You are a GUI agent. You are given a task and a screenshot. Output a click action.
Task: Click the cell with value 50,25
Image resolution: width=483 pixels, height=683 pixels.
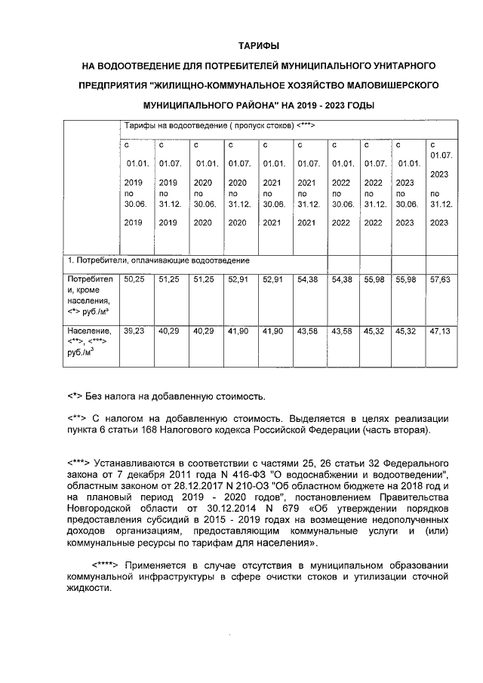click(x=134, y=279)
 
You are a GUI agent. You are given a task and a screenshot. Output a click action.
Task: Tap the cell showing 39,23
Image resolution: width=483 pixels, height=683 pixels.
click(x=134, y=331)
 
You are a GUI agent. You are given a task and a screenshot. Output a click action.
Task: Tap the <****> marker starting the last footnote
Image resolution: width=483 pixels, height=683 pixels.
click(x=106, y=565)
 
